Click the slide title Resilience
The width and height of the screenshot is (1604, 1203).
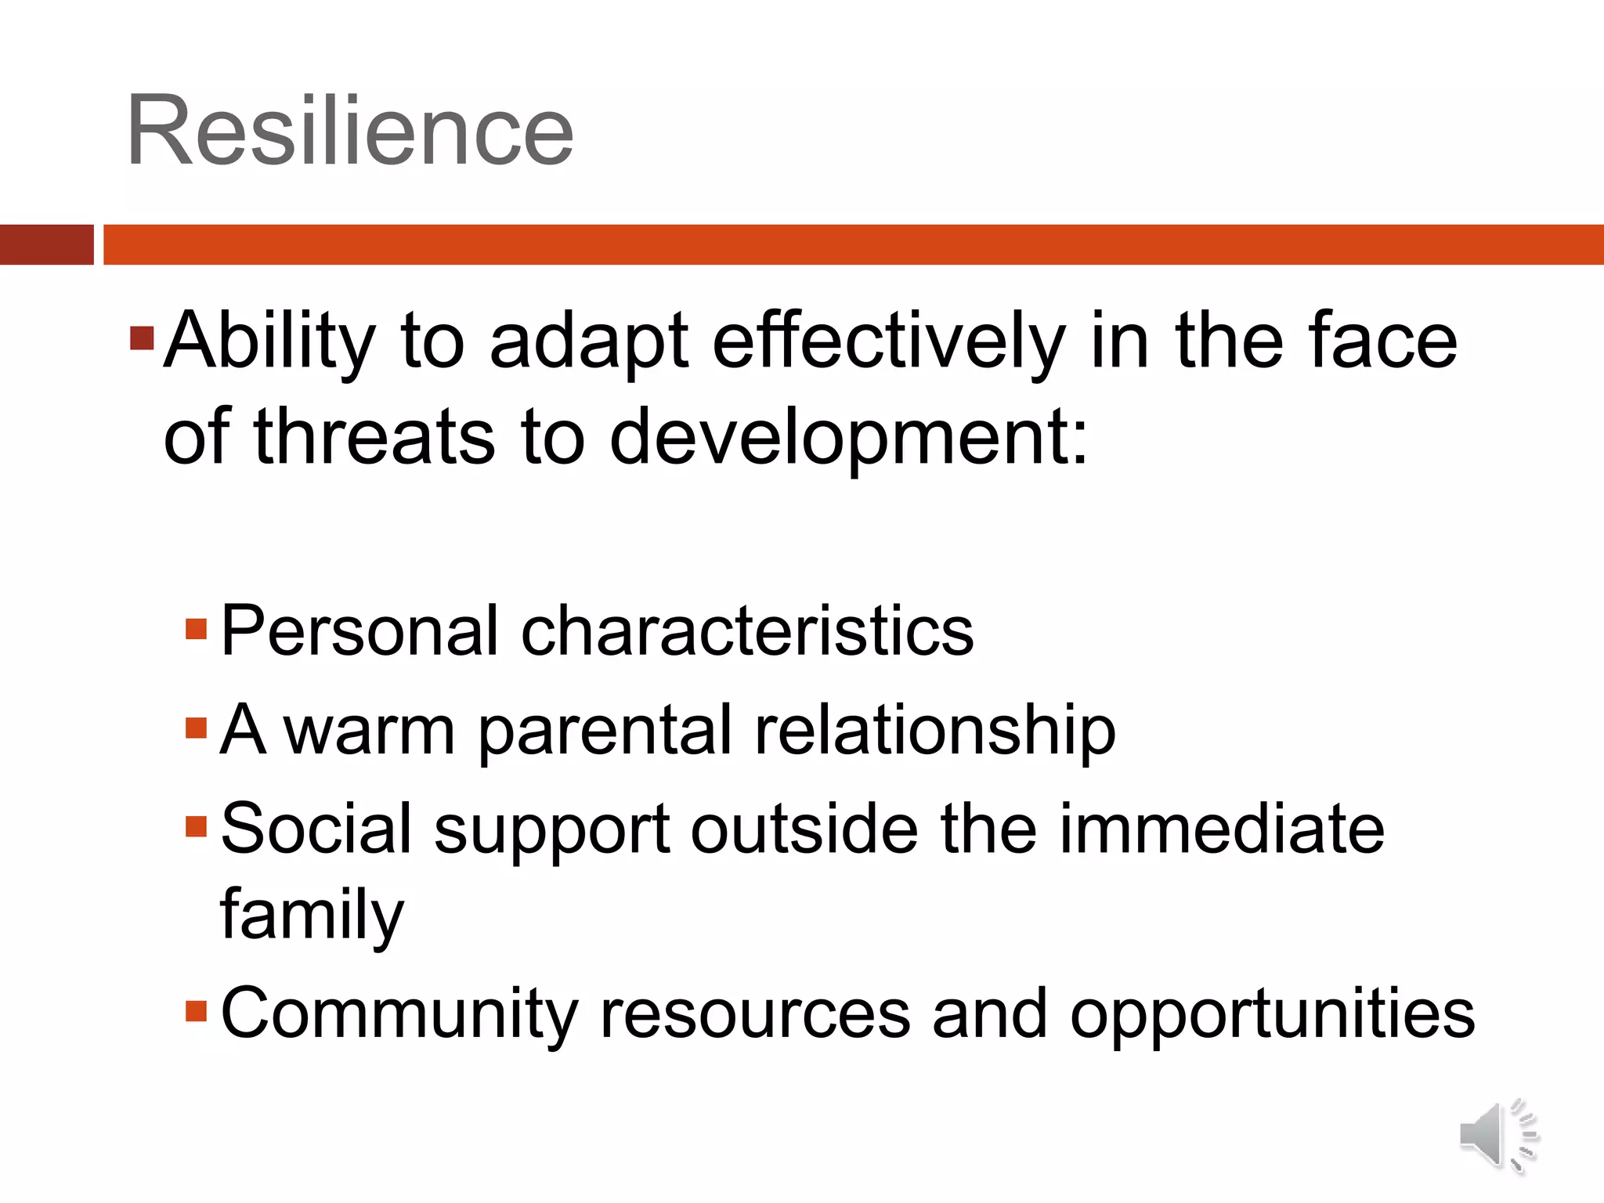(350, 132)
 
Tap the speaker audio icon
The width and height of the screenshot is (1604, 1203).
(1498, 1135)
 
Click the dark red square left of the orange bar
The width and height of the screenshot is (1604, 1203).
(46, 244)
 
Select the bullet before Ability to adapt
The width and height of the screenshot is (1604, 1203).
(142, 339)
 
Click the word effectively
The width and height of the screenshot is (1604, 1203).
(888, 341)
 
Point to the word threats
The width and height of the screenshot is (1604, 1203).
(374, 437)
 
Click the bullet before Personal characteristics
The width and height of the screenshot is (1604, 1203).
(196, 629)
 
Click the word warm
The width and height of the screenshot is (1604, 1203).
(369, 731)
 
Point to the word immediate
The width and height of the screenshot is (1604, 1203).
(1222, 829)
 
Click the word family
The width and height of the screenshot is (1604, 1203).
(312, 915)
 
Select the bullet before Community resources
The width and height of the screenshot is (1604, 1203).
(196, 1010)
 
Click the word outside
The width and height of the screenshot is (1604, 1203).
(804, 829)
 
